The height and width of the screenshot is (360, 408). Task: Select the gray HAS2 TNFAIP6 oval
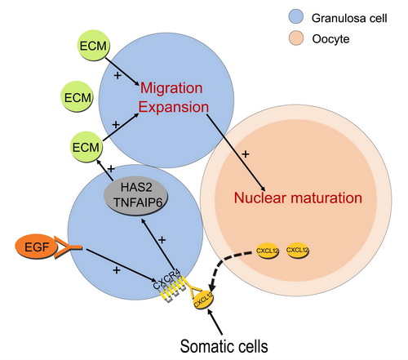click(136, 195)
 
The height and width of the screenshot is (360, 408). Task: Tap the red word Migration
click(171, 88)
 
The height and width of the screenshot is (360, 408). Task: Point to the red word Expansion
click(174, 107)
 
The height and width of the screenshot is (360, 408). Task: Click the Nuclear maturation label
click(298, 198)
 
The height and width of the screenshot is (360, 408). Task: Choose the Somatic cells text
click(224, 346)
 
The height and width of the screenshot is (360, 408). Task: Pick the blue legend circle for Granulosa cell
click(295, 17)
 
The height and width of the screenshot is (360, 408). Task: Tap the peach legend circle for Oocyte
click(295, 38)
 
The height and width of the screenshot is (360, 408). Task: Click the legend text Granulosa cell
click(349, 18)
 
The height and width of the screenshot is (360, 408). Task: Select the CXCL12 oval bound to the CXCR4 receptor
click(203, 300)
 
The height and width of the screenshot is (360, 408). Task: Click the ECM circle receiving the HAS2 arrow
click(86, 147)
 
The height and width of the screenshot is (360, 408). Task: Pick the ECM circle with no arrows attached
click(78, 97)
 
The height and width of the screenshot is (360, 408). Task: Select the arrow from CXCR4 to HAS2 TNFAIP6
click(157, 244)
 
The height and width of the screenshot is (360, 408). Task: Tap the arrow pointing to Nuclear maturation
click(236, 153)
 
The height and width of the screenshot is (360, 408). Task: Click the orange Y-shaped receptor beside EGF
click(68, 247)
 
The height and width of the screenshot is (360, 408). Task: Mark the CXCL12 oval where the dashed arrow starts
click(268, 251)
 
